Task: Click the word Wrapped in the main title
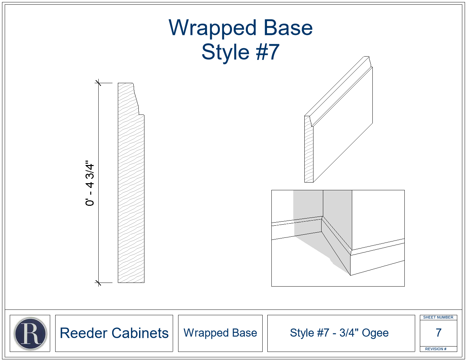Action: (x=212, y=29)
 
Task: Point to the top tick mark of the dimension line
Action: (x=98, y=83)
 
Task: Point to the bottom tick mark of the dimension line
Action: (x=98, y=283)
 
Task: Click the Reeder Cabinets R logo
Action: (x=30, y=333)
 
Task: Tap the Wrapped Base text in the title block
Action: (x=220, y=333)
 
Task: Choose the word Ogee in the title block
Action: (x=375, y=333)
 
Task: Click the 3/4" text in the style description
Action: (x=349, y=333)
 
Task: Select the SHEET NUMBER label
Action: (x=438, y=317)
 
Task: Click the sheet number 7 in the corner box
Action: (x=438, y=333)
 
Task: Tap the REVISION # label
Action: (x=436, y=349)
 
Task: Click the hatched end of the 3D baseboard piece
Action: (x=309, y=149)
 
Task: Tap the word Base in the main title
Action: (x=288, y=28)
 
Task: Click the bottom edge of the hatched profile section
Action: (x=131, y=283)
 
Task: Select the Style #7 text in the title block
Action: (x=309, y=333)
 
